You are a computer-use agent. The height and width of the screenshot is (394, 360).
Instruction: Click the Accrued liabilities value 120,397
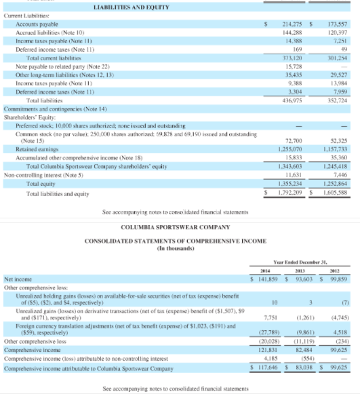click(x=337, y=32)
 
